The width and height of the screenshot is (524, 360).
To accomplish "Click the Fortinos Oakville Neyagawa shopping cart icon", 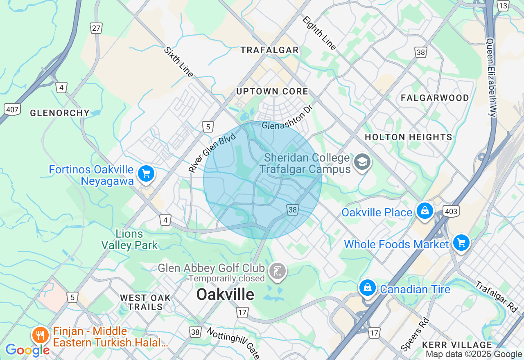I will click(146, 174).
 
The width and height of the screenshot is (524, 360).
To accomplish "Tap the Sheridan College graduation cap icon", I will click(362, 162).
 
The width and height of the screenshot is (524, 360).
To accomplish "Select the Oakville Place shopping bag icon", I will click(425, 211).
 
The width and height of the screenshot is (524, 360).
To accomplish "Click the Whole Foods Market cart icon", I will click(462, 243).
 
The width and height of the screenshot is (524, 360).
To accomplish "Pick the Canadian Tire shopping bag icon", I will click(368, 288).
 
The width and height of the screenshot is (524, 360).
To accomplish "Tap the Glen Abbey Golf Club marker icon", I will click(278, 271).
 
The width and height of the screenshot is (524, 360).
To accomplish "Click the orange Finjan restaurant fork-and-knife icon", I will click(40, 335).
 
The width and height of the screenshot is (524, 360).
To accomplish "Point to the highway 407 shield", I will click(12, 109).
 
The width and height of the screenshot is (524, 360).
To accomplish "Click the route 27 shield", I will click(96, 28).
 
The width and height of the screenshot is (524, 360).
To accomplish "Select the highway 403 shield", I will click(451, 211).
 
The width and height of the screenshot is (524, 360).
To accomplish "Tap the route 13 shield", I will click(503, 6).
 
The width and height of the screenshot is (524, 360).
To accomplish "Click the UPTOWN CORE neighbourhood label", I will click(272, 92).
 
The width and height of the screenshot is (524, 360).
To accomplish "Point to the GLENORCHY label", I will click(60, 113).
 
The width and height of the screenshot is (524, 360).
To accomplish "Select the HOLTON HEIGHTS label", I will click(408, 137).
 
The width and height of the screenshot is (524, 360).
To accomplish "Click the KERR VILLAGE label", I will click(456, 345).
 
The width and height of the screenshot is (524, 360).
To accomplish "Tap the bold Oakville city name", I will click(225, 294).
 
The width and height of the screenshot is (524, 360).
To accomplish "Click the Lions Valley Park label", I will click(129, 240).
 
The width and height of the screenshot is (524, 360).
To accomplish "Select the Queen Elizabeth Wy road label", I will click(492, 78).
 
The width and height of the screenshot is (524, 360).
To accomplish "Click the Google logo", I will click(27, 350).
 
